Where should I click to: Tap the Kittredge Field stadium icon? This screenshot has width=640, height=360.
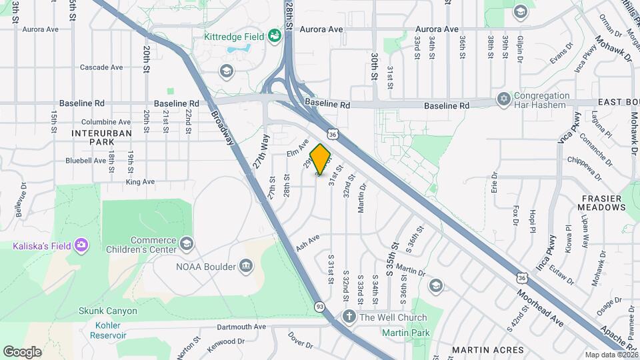click(x=274, y=35)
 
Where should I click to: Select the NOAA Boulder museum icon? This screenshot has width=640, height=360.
click(x=246, y=267)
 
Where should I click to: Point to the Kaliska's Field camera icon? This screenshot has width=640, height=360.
click(x=81, y=245)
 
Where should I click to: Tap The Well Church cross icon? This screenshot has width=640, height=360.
click(x=348, y=317)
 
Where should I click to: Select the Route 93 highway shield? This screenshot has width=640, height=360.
click(x=321, y=306)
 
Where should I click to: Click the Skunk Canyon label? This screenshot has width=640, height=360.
click(x=107, y=311)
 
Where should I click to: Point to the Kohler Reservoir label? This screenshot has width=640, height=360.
click(x=107, y=330)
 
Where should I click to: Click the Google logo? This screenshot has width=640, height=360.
click(x=22, y=351)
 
